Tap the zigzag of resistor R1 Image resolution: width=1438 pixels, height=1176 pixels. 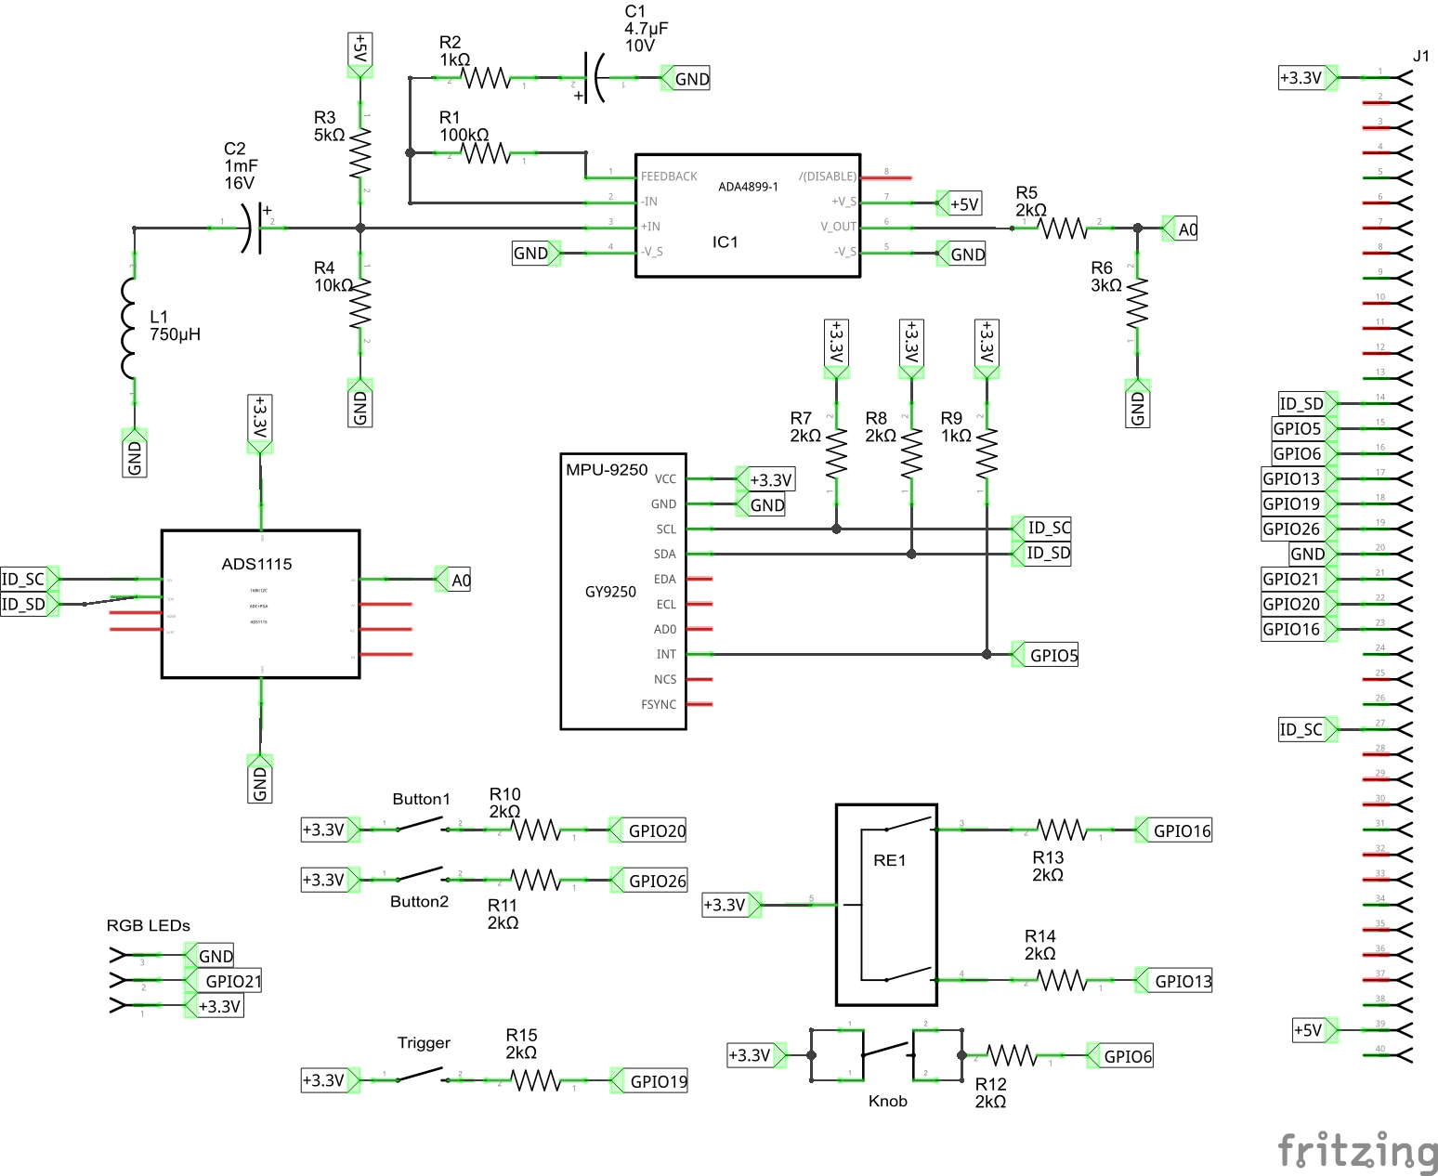pyautogui.click(x=486, y=153)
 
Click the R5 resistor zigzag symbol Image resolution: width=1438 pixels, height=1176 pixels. pyautogui.click(x=1062, y=228)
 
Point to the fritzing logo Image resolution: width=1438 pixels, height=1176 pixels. pyautogui.click(x=1356, y=1152)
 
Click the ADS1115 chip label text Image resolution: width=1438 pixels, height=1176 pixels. pyautogui.click(x=256, y=564)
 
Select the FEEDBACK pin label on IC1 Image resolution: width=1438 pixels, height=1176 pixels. pyautogui.click(x=669, y=176)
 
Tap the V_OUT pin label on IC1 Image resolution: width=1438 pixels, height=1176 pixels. pyautogui.click(x=838, y=227)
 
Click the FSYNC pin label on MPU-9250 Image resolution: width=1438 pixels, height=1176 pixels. pyautogui.click(x=659, y=705)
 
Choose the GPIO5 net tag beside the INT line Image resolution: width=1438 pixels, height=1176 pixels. pyautogui.click(x=1052, y=655)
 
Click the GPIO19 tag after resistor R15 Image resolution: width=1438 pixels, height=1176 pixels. pyautogui.click(x=657, y=1081)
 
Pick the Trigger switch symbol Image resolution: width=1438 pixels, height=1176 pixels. pyautogui.click(x=421, y=1076)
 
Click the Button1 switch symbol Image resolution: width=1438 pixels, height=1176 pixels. pyautogui.click(x=421, y=825)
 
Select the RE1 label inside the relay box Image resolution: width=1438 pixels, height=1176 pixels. pyautogui.click(x=889, y=860)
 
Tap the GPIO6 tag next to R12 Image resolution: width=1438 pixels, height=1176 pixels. pyautogui.click(x=1126, y=1056)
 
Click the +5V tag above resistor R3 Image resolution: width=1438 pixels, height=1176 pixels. pyautogui.click(x=360, y=50)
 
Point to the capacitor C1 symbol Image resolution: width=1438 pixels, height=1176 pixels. pyautogui.click(x=594, y=78)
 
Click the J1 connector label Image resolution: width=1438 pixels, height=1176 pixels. pyautogui.click(x=1420, y=56)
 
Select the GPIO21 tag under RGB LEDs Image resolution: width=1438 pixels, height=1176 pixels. pyautogui.click(x=231, y=981)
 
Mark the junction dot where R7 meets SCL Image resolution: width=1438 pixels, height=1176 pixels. pyautogui.click(x=836, y=529)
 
